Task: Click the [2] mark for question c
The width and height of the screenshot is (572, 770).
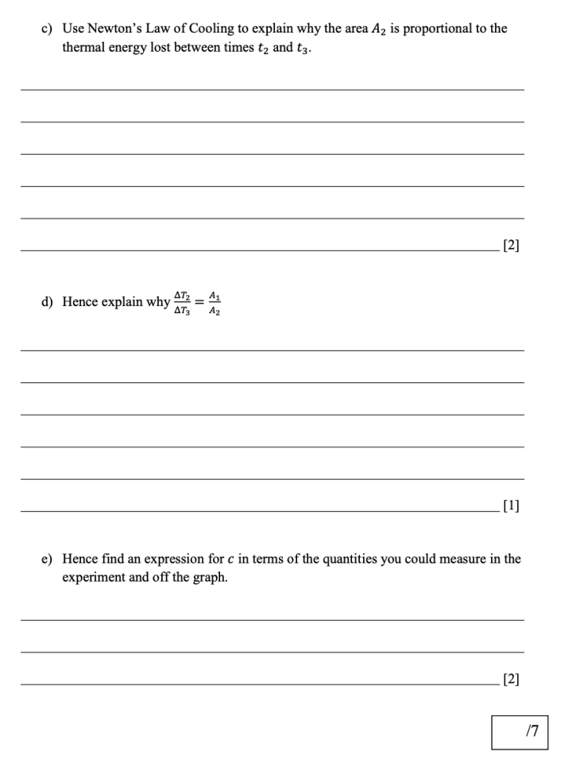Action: point(512,246)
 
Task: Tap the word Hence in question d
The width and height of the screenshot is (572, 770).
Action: point(82,302)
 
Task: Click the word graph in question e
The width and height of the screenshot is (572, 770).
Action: point(210,578)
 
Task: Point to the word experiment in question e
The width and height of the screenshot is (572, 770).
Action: point(94,578)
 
